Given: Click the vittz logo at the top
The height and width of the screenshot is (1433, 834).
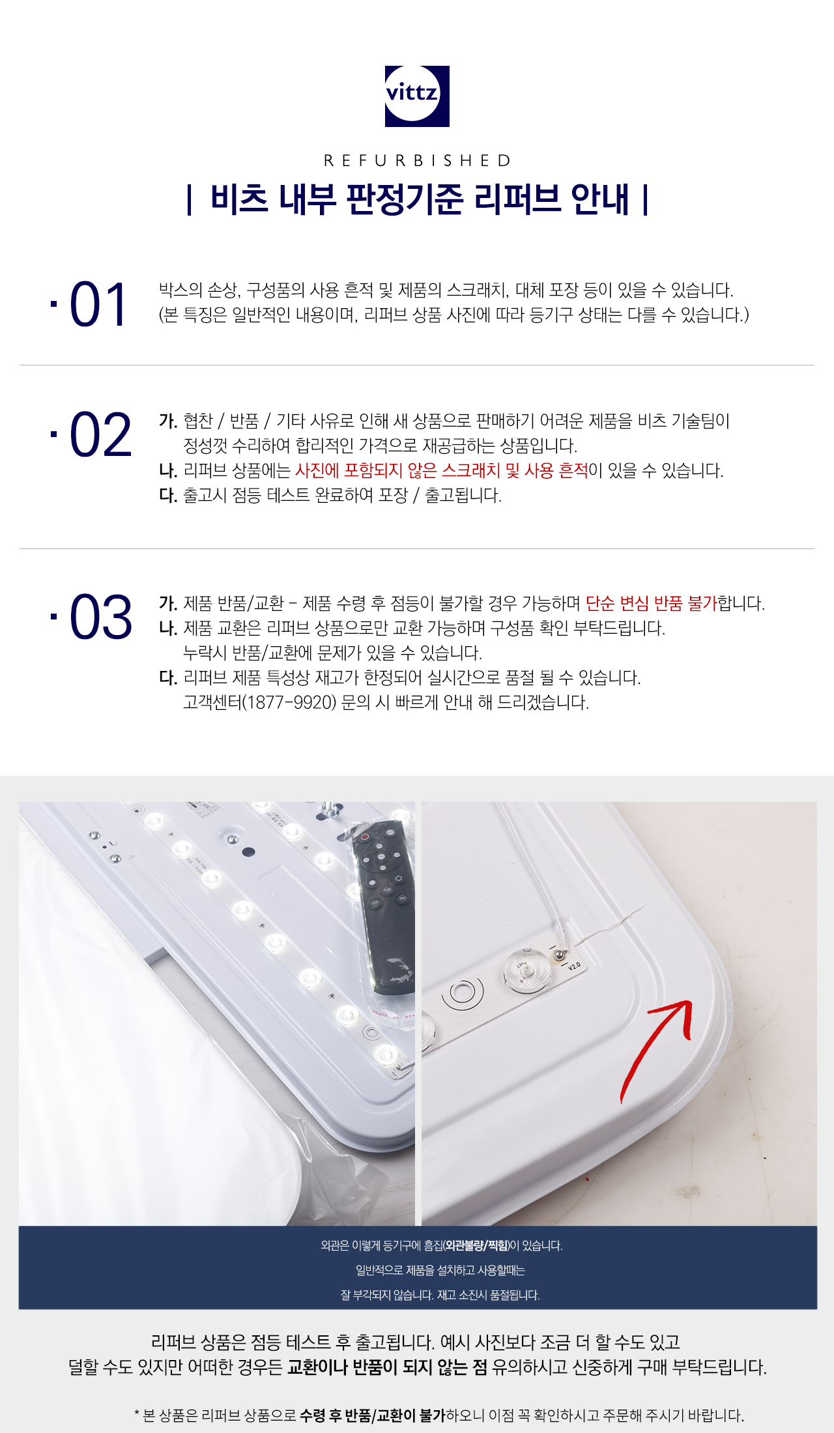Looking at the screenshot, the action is [417, 96].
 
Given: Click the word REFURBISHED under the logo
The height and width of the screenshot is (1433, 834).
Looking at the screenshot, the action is [417, 160].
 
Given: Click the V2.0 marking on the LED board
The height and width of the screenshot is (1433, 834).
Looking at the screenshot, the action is [573, 965].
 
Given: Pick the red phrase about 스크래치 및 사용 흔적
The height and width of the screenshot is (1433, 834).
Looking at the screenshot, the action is [442, 470].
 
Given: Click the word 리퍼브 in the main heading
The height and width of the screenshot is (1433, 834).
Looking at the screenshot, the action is [517, 199].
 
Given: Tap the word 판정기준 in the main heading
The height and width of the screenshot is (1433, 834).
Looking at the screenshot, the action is [405, 199].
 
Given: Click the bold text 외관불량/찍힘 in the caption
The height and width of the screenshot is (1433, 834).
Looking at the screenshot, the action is [476, 1245].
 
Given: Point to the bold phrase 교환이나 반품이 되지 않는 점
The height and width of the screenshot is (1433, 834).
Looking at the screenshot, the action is [388, 1367].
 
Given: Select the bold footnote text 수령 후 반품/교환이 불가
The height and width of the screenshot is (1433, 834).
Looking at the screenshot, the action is [373, 1415].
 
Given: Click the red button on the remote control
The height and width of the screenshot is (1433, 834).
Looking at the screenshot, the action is [366, 836].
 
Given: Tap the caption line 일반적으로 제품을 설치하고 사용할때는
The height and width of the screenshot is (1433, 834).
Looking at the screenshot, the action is [440, 1270].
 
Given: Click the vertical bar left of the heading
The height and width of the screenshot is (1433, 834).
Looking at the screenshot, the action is [189, 199].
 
